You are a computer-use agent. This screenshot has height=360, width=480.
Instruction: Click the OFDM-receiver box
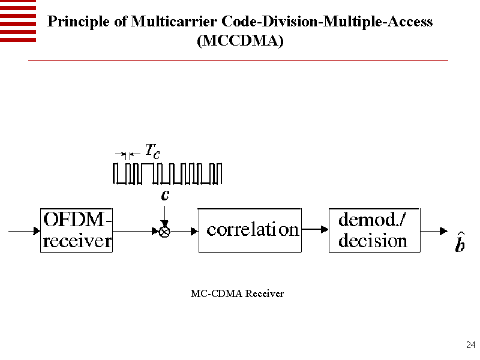click(77, 230)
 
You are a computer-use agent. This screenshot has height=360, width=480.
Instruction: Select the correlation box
click(249, 230)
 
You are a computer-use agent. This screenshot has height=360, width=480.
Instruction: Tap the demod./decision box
click(373, 230)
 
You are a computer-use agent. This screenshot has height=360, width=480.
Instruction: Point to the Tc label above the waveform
click(152, 151)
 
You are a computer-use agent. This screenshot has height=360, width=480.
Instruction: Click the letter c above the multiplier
click(165, 195)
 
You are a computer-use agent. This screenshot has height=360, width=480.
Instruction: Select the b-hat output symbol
click(459, 245)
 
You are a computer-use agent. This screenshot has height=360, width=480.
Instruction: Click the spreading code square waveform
click(168, 173)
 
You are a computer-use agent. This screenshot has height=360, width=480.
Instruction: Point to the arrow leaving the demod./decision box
click(433, 231)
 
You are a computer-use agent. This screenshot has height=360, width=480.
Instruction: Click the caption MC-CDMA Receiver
click(237, 294)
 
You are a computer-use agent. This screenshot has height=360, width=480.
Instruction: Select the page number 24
click(470, 344)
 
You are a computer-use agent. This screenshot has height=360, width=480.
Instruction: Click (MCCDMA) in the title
click(240, 41)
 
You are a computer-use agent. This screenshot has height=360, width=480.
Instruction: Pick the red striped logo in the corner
click(18, 21)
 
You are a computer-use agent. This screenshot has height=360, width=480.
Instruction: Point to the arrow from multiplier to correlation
click(184, 231)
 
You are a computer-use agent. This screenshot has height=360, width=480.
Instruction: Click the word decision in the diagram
click(373, 241)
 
